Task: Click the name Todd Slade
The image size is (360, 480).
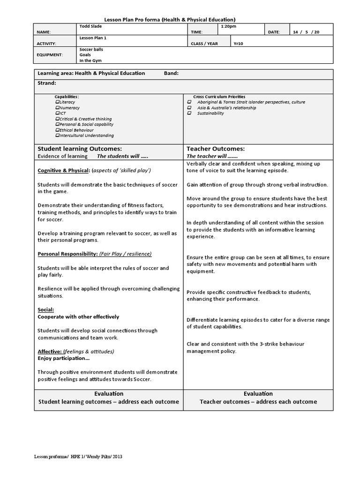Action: tap(90, 26)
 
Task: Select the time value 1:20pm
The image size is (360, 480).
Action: tap(228, 26)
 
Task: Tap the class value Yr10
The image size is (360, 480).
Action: tap(239, 43)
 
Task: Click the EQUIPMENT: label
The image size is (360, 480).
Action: tap(50, 54)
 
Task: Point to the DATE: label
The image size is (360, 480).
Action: tap(274, 32)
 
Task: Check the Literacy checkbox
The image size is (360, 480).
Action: tap(57, 102)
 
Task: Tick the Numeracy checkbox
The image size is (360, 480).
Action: tap(57, 107)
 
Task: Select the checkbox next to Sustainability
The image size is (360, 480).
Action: tap(189, 113)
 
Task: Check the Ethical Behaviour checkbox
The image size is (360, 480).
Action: tap(57, 130)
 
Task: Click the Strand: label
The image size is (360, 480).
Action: tap(47, 83)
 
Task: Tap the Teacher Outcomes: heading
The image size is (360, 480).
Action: tap(216, 148)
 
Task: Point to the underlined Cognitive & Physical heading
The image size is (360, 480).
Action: tap(64, 170)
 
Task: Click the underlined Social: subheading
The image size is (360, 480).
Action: tap(46, 310)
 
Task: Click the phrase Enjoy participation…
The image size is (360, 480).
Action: tap(64, 358)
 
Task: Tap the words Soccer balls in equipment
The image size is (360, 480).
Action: tap(91, 49)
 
